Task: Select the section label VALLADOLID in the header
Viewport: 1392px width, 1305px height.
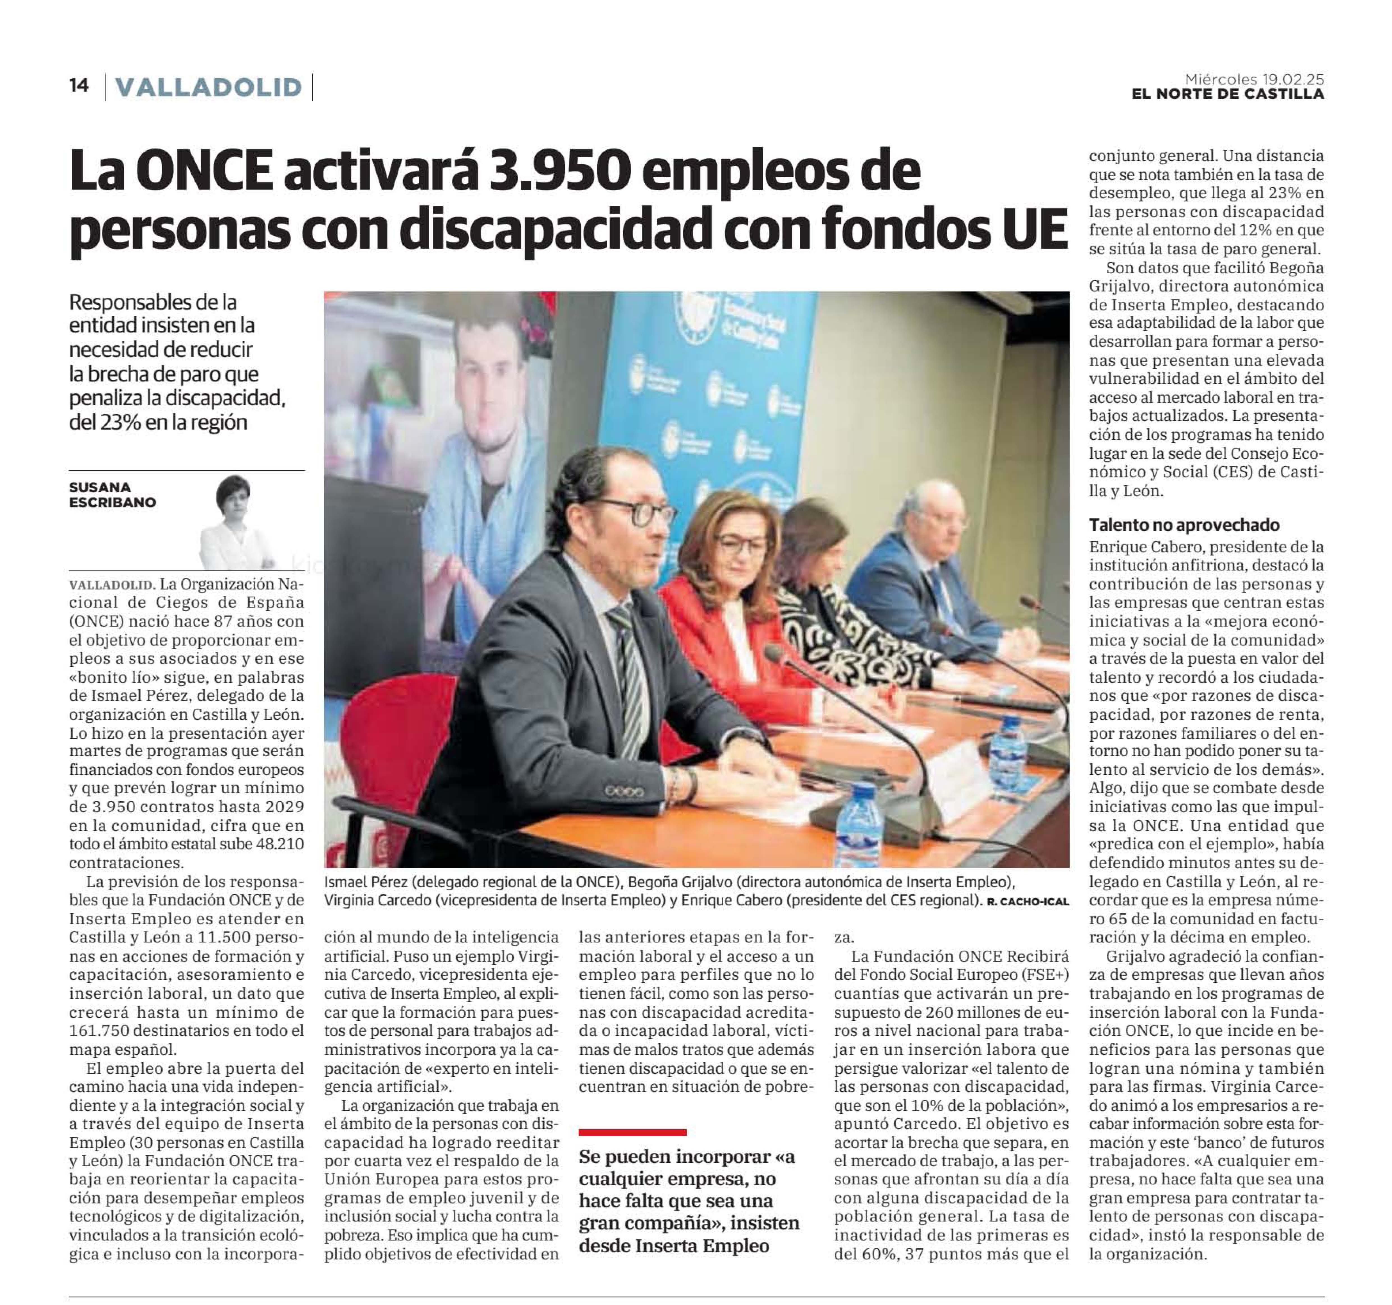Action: point(208,87)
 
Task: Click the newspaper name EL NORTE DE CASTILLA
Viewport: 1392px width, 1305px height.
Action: point(1228,94)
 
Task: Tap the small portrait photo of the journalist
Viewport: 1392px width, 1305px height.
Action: point(238,521)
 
